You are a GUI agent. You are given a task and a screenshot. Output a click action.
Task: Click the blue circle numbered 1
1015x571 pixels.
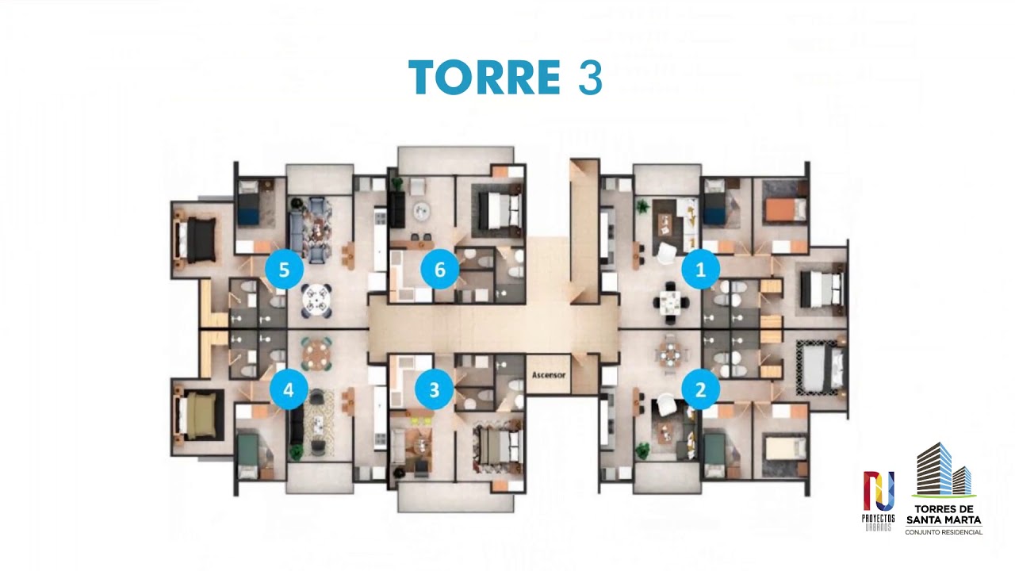click(x=700, y=269)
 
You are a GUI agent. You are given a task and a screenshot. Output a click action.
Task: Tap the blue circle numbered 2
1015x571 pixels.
click(x=700, y=389)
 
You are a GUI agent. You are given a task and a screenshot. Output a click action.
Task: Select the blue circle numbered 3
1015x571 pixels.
click(x=434, y=389)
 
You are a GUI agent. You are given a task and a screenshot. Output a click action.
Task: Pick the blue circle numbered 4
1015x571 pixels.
click(x=289, y=389)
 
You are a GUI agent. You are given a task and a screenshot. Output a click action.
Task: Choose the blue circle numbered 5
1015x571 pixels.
click(x=284, y=270)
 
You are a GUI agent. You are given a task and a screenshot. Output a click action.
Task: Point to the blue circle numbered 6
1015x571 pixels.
click(x=439, y=270)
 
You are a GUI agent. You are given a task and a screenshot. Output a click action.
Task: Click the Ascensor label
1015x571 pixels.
click(x=549, y=375)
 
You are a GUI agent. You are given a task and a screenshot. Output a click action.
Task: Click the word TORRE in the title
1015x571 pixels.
click(x=485, y=77)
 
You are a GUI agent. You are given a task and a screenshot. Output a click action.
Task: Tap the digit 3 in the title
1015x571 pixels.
click(x=590, y=78)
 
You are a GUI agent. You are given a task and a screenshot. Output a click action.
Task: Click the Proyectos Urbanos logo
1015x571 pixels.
click(x=878, y=500)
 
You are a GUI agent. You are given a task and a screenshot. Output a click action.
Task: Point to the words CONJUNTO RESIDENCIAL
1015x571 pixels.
click(x=944, y=532)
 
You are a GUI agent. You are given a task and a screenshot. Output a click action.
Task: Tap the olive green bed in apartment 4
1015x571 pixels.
click(x=197, y=416)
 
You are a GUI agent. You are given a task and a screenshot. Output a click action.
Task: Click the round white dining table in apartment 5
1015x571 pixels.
click(x=316, y=300)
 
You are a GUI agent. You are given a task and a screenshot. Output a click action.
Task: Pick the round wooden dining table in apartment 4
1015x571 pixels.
click(x=316, y=354)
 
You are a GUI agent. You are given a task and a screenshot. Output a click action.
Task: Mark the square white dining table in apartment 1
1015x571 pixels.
click(x=671, y=302)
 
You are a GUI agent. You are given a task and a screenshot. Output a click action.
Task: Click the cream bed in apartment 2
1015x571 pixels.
click(x=786, y=448)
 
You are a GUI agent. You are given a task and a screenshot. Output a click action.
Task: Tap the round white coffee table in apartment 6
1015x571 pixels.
click(x=421, y=211)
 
